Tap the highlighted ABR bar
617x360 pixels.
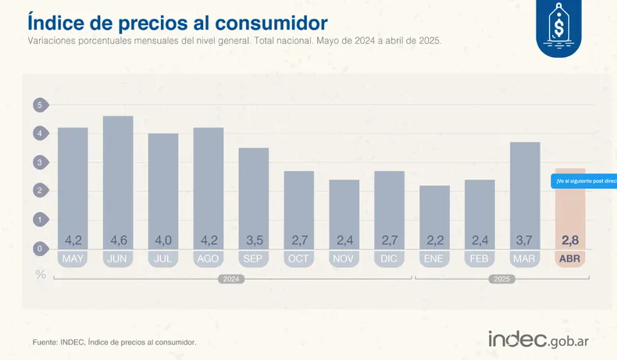point(569,211)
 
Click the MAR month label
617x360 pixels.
point(525,258)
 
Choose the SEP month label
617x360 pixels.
point(254,258)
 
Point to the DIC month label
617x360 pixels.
point(389,258)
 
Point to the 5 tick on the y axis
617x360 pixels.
point(39,105)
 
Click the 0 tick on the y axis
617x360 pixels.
point(39,248)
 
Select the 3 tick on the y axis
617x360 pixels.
point(39,162)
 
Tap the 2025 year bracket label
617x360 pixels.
point(501,279)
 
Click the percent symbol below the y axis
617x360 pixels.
point(40,274)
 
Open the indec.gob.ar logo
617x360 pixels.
point(545,340)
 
